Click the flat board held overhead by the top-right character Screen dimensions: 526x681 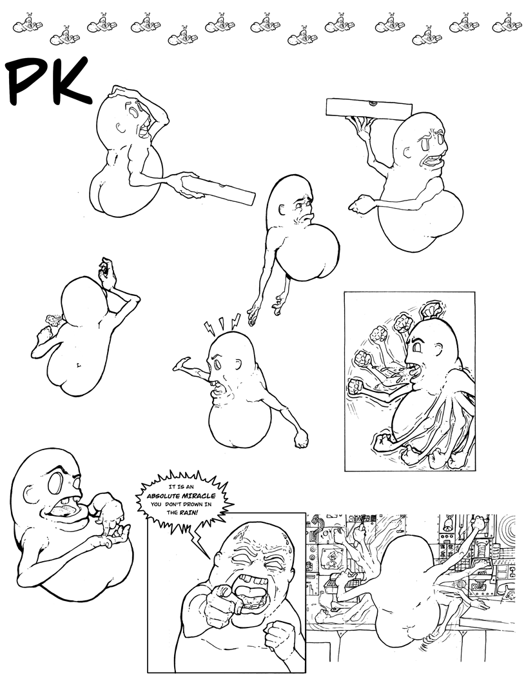[x=369, y=108]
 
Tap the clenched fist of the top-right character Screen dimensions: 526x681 [x=360, y=204]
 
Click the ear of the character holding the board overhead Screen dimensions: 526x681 [x=407, y=152]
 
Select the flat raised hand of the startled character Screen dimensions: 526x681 [x=181, y=364]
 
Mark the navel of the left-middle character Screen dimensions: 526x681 [x=78, y=363]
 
